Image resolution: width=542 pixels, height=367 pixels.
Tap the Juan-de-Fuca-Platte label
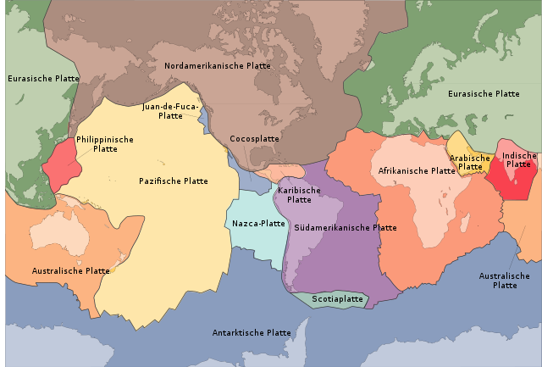click(x=170, y=111)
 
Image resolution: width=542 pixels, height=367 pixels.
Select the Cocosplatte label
click(x=254, y=138)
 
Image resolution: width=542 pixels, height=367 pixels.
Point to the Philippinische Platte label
click(x=104, y=143)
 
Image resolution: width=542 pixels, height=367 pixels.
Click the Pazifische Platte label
click(x=174, y=181)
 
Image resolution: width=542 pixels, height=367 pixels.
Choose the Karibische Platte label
click(x=299, y=195)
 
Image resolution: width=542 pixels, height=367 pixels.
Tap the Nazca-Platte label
click(x=258, y=224)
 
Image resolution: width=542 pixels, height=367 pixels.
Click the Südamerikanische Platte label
click(x=346, y=227)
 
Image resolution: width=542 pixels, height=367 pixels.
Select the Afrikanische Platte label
click(x=417, y=170)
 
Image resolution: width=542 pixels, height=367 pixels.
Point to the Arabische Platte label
click(x=470, y=162)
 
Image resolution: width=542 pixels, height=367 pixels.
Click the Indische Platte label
click(x=519, y=159)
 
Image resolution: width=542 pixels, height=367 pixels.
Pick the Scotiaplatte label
click(x=337, y=299)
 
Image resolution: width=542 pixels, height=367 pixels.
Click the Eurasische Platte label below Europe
click(x=482, y=93)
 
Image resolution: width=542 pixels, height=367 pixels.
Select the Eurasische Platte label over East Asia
click(x=43, y=79)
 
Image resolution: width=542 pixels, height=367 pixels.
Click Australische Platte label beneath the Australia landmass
click(x=70, y=271)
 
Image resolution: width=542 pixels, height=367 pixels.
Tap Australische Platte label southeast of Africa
click(x=504, y=281)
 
